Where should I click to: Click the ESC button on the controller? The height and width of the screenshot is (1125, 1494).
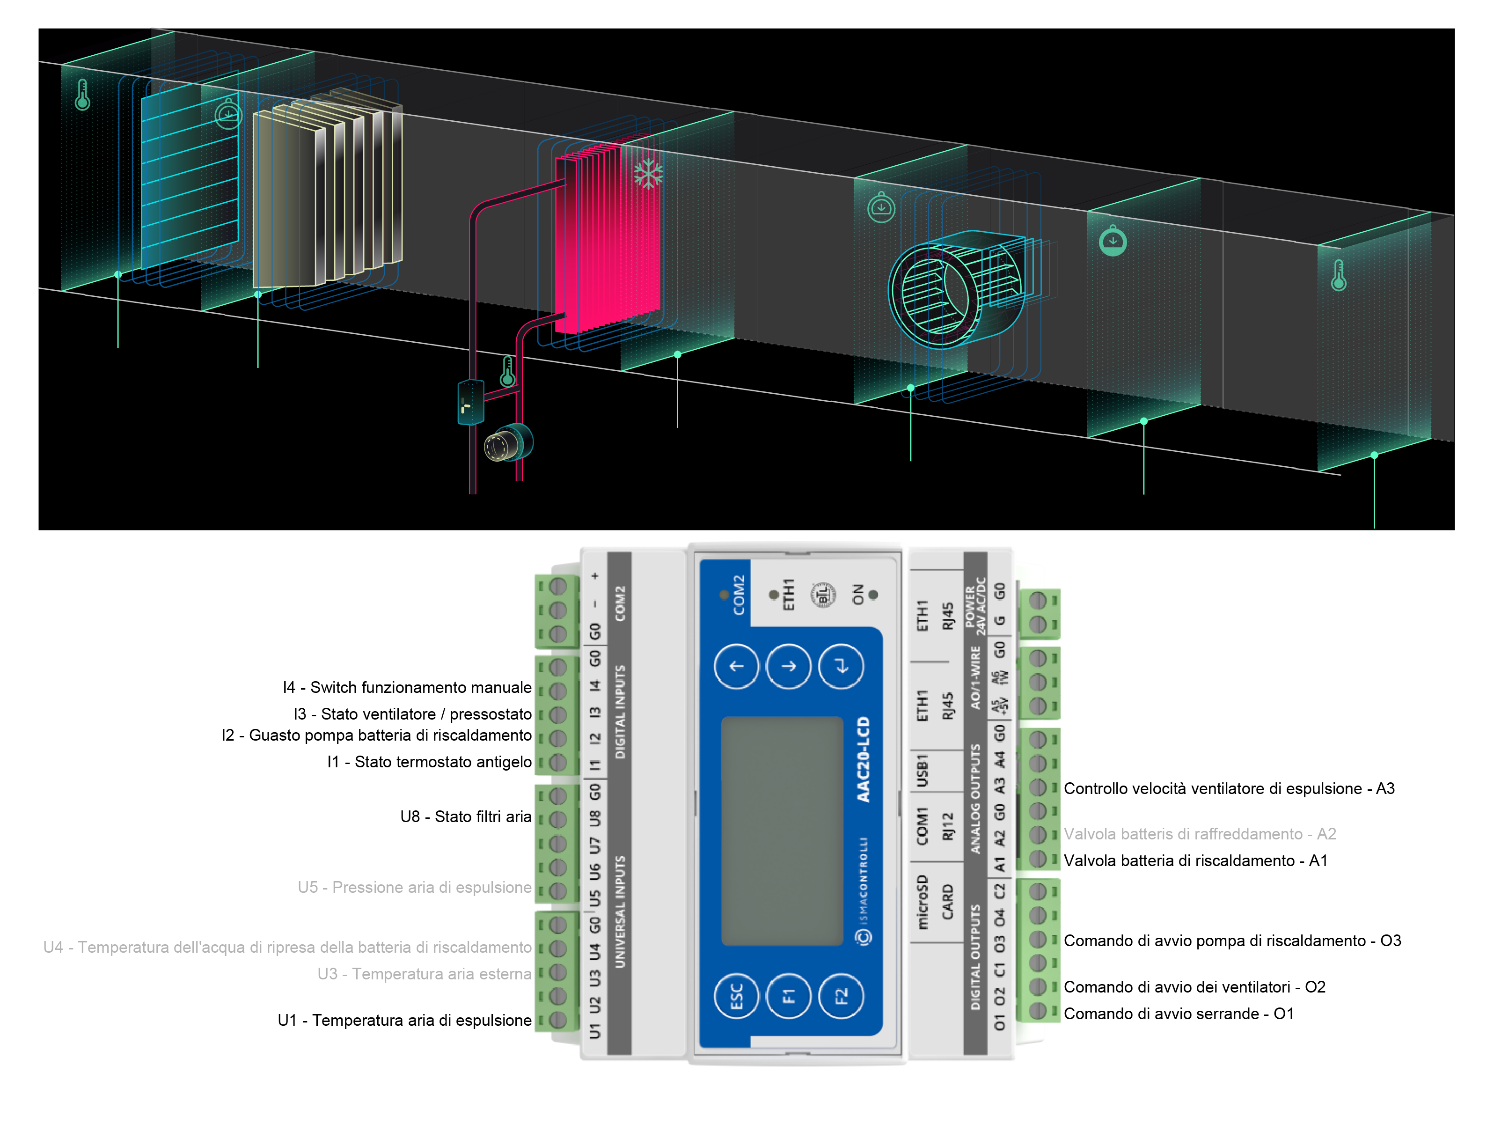tap(736, 995)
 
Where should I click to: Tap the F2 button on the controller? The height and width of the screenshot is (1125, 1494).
tap(841, 995)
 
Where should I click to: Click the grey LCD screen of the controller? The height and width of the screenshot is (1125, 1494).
tap(782, 831)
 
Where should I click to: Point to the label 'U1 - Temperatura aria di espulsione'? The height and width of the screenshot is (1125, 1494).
tap(404, 1020)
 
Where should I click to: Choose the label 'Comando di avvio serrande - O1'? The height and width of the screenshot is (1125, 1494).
tap(1179, 1014)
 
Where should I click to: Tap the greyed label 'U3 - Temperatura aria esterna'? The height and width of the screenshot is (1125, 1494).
tap(424, 974)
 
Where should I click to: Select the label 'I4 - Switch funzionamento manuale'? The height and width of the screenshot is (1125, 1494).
tap(407, 687)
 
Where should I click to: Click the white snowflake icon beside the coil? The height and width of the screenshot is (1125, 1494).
tap(648, 174)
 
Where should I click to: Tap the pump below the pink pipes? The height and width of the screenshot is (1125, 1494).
tap(508, 444)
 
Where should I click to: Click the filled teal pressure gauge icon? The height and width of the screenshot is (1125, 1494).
tap(1113, 241)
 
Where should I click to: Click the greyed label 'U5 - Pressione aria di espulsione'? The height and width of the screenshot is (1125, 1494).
tap(414, 887)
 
